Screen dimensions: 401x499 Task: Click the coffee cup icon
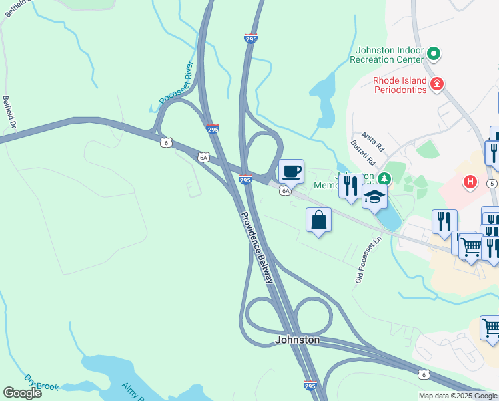coord(291,172)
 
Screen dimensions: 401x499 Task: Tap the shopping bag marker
coord(319,220)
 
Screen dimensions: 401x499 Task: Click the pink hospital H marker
coord(470,181)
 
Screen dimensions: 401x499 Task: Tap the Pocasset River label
coord(175,84)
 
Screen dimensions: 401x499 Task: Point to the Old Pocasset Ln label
coord(368,259)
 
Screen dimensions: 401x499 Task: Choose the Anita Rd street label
coord(373,140)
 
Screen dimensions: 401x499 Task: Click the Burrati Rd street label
coord(362,153)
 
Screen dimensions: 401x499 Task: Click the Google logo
coord(22,393)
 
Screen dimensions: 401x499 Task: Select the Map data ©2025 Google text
coord(458,396)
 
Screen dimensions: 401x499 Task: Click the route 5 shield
coord(492,182)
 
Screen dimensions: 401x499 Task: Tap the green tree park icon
coord(384,178)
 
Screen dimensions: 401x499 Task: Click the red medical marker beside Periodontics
coord(437,84)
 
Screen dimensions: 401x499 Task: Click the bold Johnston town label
coord(298,340)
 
